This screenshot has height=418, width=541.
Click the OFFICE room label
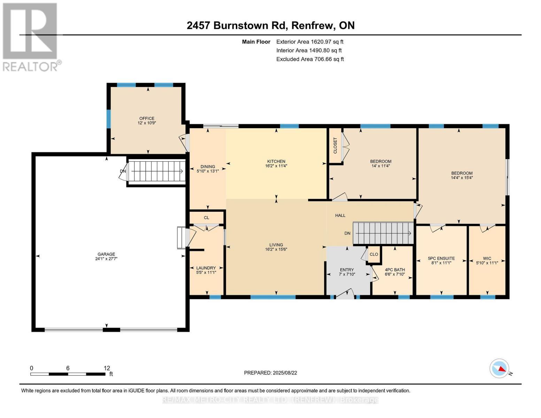(x=147, y=118)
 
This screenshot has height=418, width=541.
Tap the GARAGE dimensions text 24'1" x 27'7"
(x=106, y=259)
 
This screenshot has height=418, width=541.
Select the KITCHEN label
(x=276, y=161)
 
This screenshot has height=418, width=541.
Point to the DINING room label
(x=208, y=167)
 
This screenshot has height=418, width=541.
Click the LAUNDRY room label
(x=206, y=268)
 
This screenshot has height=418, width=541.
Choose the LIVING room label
(x=276, y=245)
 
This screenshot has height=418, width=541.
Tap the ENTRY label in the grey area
(x=347, y=270)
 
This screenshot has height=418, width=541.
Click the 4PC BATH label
(x=395, y=270)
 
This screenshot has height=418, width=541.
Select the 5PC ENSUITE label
(x=441, y=258)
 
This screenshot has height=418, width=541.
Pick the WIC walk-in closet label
(x=487, y=258)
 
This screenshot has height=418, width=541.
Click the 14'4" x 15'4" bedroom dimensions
(x=462, y=178)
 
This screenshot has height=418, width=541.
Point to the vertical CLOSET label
(x=335, y=146)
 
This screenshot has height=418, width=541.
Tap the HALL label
(x=340, y=215)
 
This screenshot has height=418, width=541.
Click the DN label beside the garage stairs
(x=123, y=171)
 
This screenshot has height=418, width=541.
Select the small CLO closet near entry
(x=374, y=254)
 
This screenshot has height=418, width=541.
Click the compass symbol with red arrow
(x=500, y=369)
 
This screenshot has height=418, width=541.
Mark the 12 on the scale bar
(x=107, y=368)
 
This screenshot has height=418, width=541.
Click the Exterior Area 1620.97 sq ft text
(x=310, y=41)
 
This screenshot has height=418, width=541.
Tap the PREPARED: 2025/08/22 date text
(x=270, y=373)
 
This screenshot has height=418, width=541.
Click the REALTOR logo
(x=31, y=37)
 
